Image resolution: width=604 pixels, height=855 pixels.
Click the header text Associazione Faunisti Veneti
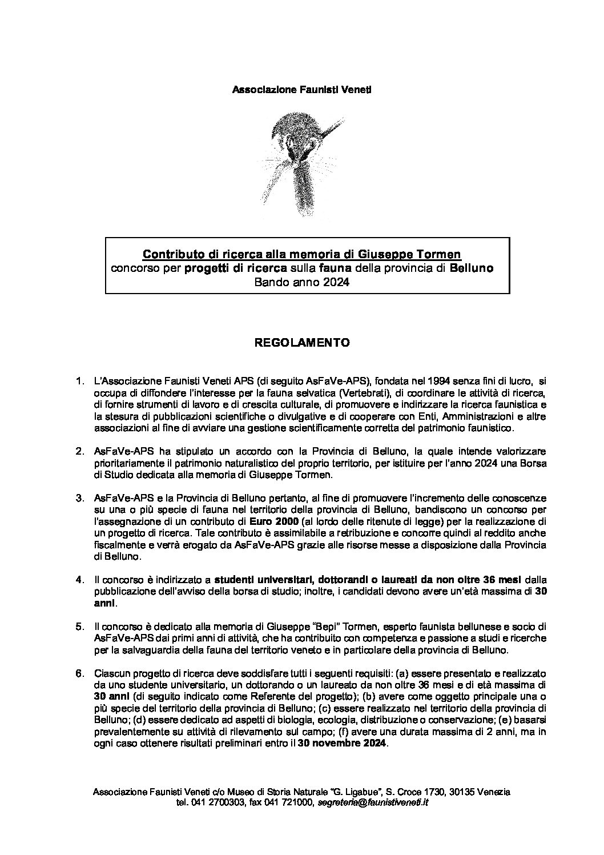pos(301,90)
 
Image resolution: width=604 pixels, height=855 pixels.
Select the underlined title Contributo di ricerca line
pos(301,253)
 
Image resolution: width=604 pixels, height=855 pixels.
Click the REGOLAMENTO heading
pos(301,343)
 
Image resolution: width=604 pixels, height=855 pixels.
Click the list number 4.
pos(80,580)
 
